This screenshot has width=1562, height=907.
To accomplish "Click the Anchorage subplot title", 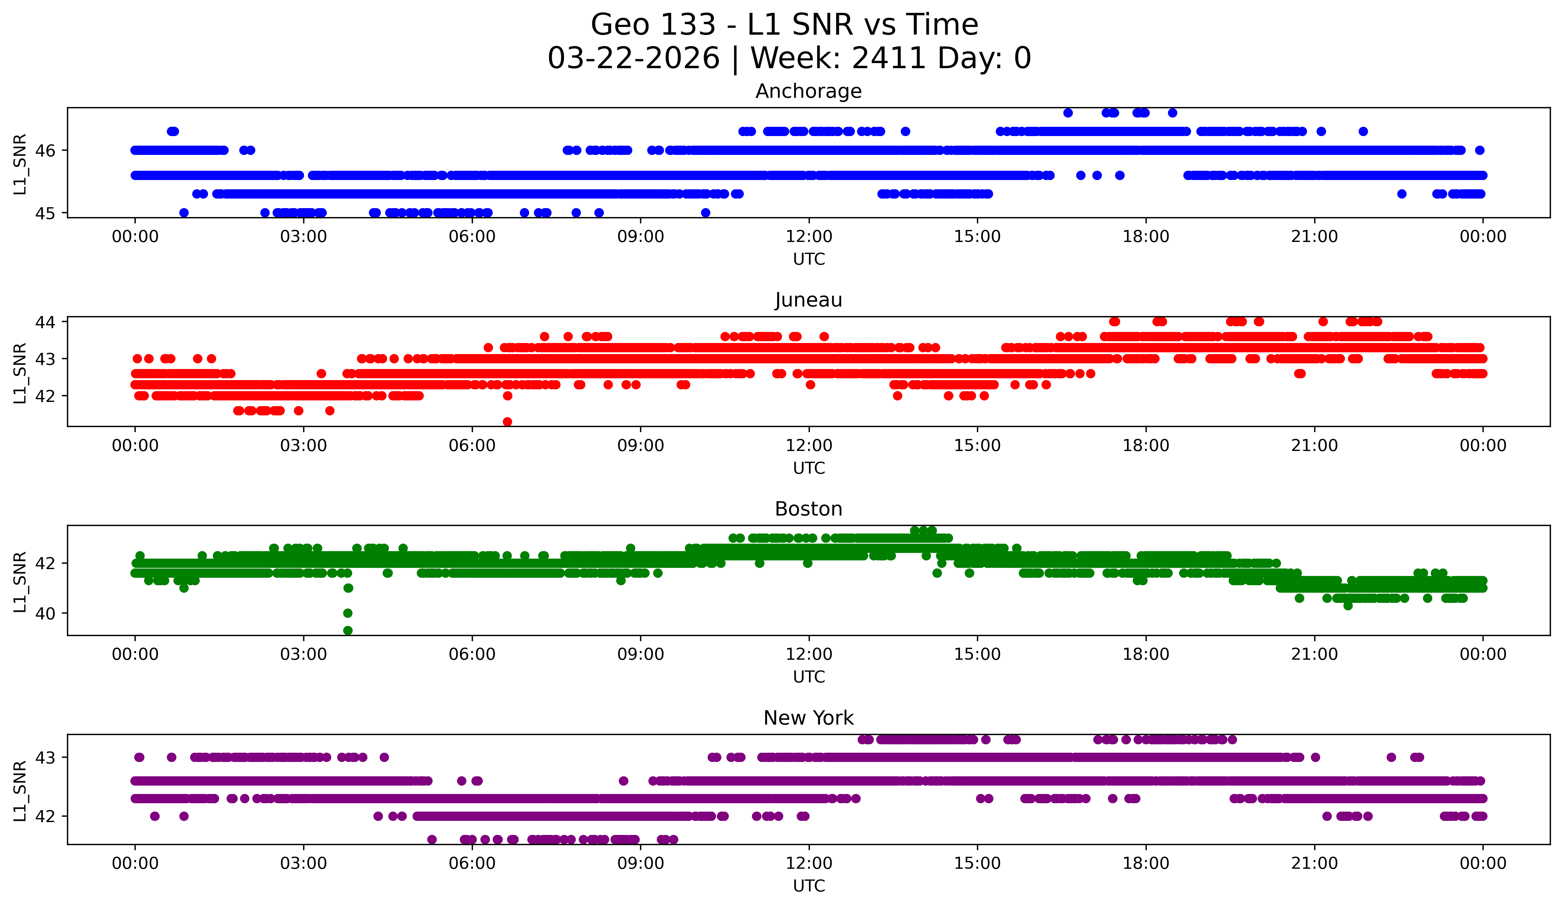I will tap(808, 91).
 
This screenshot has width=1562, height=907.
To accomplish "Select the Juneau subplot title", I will tap(808, 300).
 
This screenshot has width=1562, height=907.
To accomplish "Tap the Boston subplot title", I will tap(808, 509).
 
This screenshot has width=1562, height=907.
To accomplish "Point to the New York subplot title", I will tap(808, 718).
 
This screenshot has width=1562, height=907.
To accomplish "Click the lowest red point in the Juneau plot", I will tap(507, 422).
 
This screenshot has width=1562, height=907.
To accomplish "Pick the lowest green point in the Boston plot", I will tap(348, 630).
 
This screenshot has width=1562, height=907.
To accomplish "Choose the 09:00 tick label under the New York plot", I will tap(640, 863).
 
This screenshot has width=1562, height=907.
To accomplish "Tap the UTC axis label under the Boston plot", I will tap(808, 677).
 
